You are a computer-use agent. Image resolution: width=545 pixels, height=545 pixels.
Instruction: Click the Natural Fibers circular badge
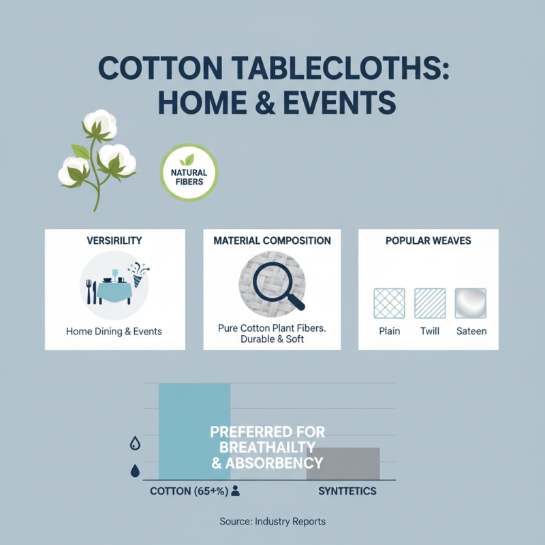[189, 172]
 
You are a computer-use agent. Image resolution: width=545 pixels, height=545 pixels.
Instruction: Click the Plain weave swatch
[389, 304]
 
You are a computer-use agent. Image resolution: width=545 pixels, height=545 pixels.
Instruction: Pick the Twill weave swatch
[430, 304]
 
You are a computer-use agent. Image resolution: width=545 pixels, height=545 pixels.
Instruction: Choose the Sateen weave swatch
[470, 304]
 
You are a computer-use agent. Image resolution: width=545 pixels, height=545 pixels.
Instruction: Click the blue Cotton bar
[194, 409]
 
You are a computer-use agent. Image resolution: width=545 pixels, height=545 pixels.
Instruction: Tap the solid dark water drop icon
[135, 471]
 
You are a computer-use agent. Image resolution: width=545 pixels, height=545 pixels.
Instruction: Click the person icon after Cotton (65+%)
[235, 490]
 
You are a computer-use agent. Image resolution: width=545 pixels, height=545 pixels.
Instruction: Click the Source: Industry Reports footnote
[272, 521]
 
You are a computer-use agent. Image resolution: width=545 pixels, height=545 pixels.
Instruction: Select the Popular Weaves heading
[428, 241]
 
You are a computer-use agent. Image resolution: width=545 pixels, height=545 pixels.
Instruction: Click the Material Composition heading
[272, 241]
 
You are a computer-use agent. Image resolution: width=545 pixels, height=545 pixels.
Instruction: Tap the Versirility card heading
[114, 241]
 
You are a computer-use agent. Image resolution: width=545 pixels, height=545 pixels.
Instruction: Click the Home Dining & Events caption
[114, 332]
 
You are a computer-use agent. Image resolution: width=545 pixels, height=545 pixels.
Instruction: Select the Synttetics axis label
[347, 490]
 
